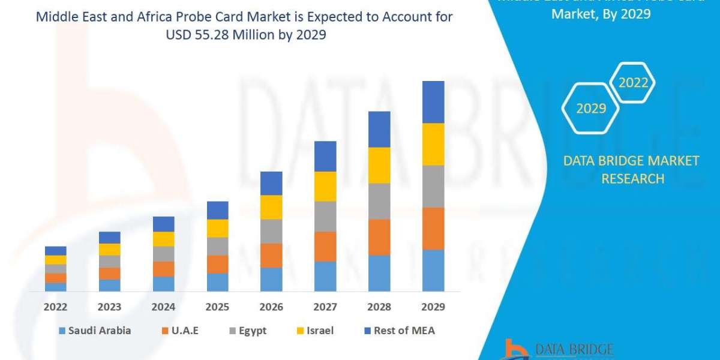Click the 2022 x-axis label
click(55, 307)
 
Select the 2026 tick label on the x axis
click(271, 307)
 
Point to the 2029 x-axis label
click(433, 307)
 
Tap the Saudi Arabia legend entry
click(95, 331)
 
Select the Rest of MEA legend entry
click(399, 331)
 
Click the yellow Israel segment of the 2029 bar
click(433, 144)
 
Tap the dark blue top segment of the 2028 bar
click(379, 129)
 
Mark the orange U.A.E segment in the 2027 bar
click(325, 246)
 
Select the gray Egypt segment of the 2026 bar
click(271, 231)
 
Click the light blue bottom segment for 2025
click(217, 282)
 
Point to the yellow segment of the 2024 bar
click(163, 239)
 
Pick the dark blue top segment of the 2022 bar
click(55, 251)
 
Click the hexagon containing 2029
click(590, 109)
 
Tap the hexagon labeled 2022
click(633, 83)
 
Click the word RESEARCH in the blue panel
click(632, 179)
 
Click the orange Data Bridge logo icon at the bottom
click(515, 350)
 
